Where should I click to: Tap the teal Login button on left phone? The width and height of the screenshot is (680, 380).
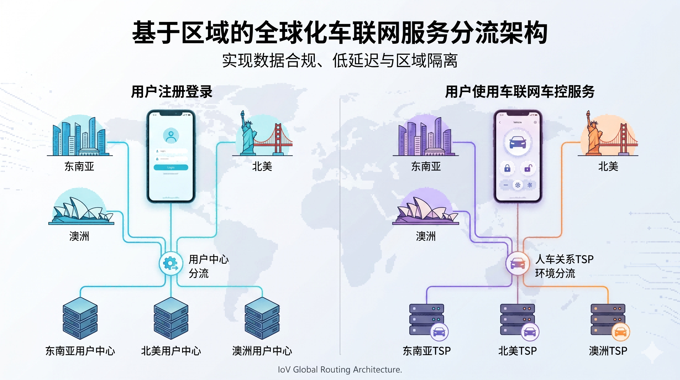tap(171, 167)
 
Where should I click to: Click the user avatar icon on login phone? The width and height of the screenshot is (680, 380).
tap(171, 135)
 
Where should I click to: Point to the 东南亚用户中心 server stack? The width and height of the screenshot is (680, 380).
tap(80, 318)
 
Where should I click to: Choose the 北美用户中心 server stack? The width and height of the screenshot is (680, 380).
tap(171, 318)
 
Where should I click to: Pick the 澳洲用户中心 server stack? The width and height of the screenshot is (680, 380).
tap(262, 318)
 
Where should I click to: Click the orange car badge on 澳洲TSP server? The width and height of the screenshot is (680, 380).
tap(621, 332)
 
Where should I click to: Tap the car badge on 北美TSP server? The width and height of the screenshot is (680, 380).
tap(530, 332)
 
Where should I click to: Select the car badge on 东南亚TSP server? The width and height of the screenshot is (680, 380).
tap(439, 332)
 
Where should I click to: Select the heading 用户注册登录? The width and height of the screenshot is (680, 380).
tap(171, 92)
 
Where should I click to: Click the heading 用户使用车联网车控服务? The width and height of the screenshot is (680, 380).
tap(519, 92)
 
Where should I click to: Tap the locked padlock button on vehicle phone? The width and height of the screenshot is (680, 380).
tap(507, 168)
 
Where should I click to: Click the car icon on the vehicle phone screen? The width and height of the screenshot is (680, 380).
tap(517, 143)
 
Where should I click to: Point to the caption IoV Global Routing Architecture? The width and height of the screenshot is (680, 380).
tap(340, 369)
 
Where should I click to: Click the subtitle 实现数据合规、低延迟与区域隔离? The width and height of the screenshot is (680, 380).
tap(340, 61)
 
